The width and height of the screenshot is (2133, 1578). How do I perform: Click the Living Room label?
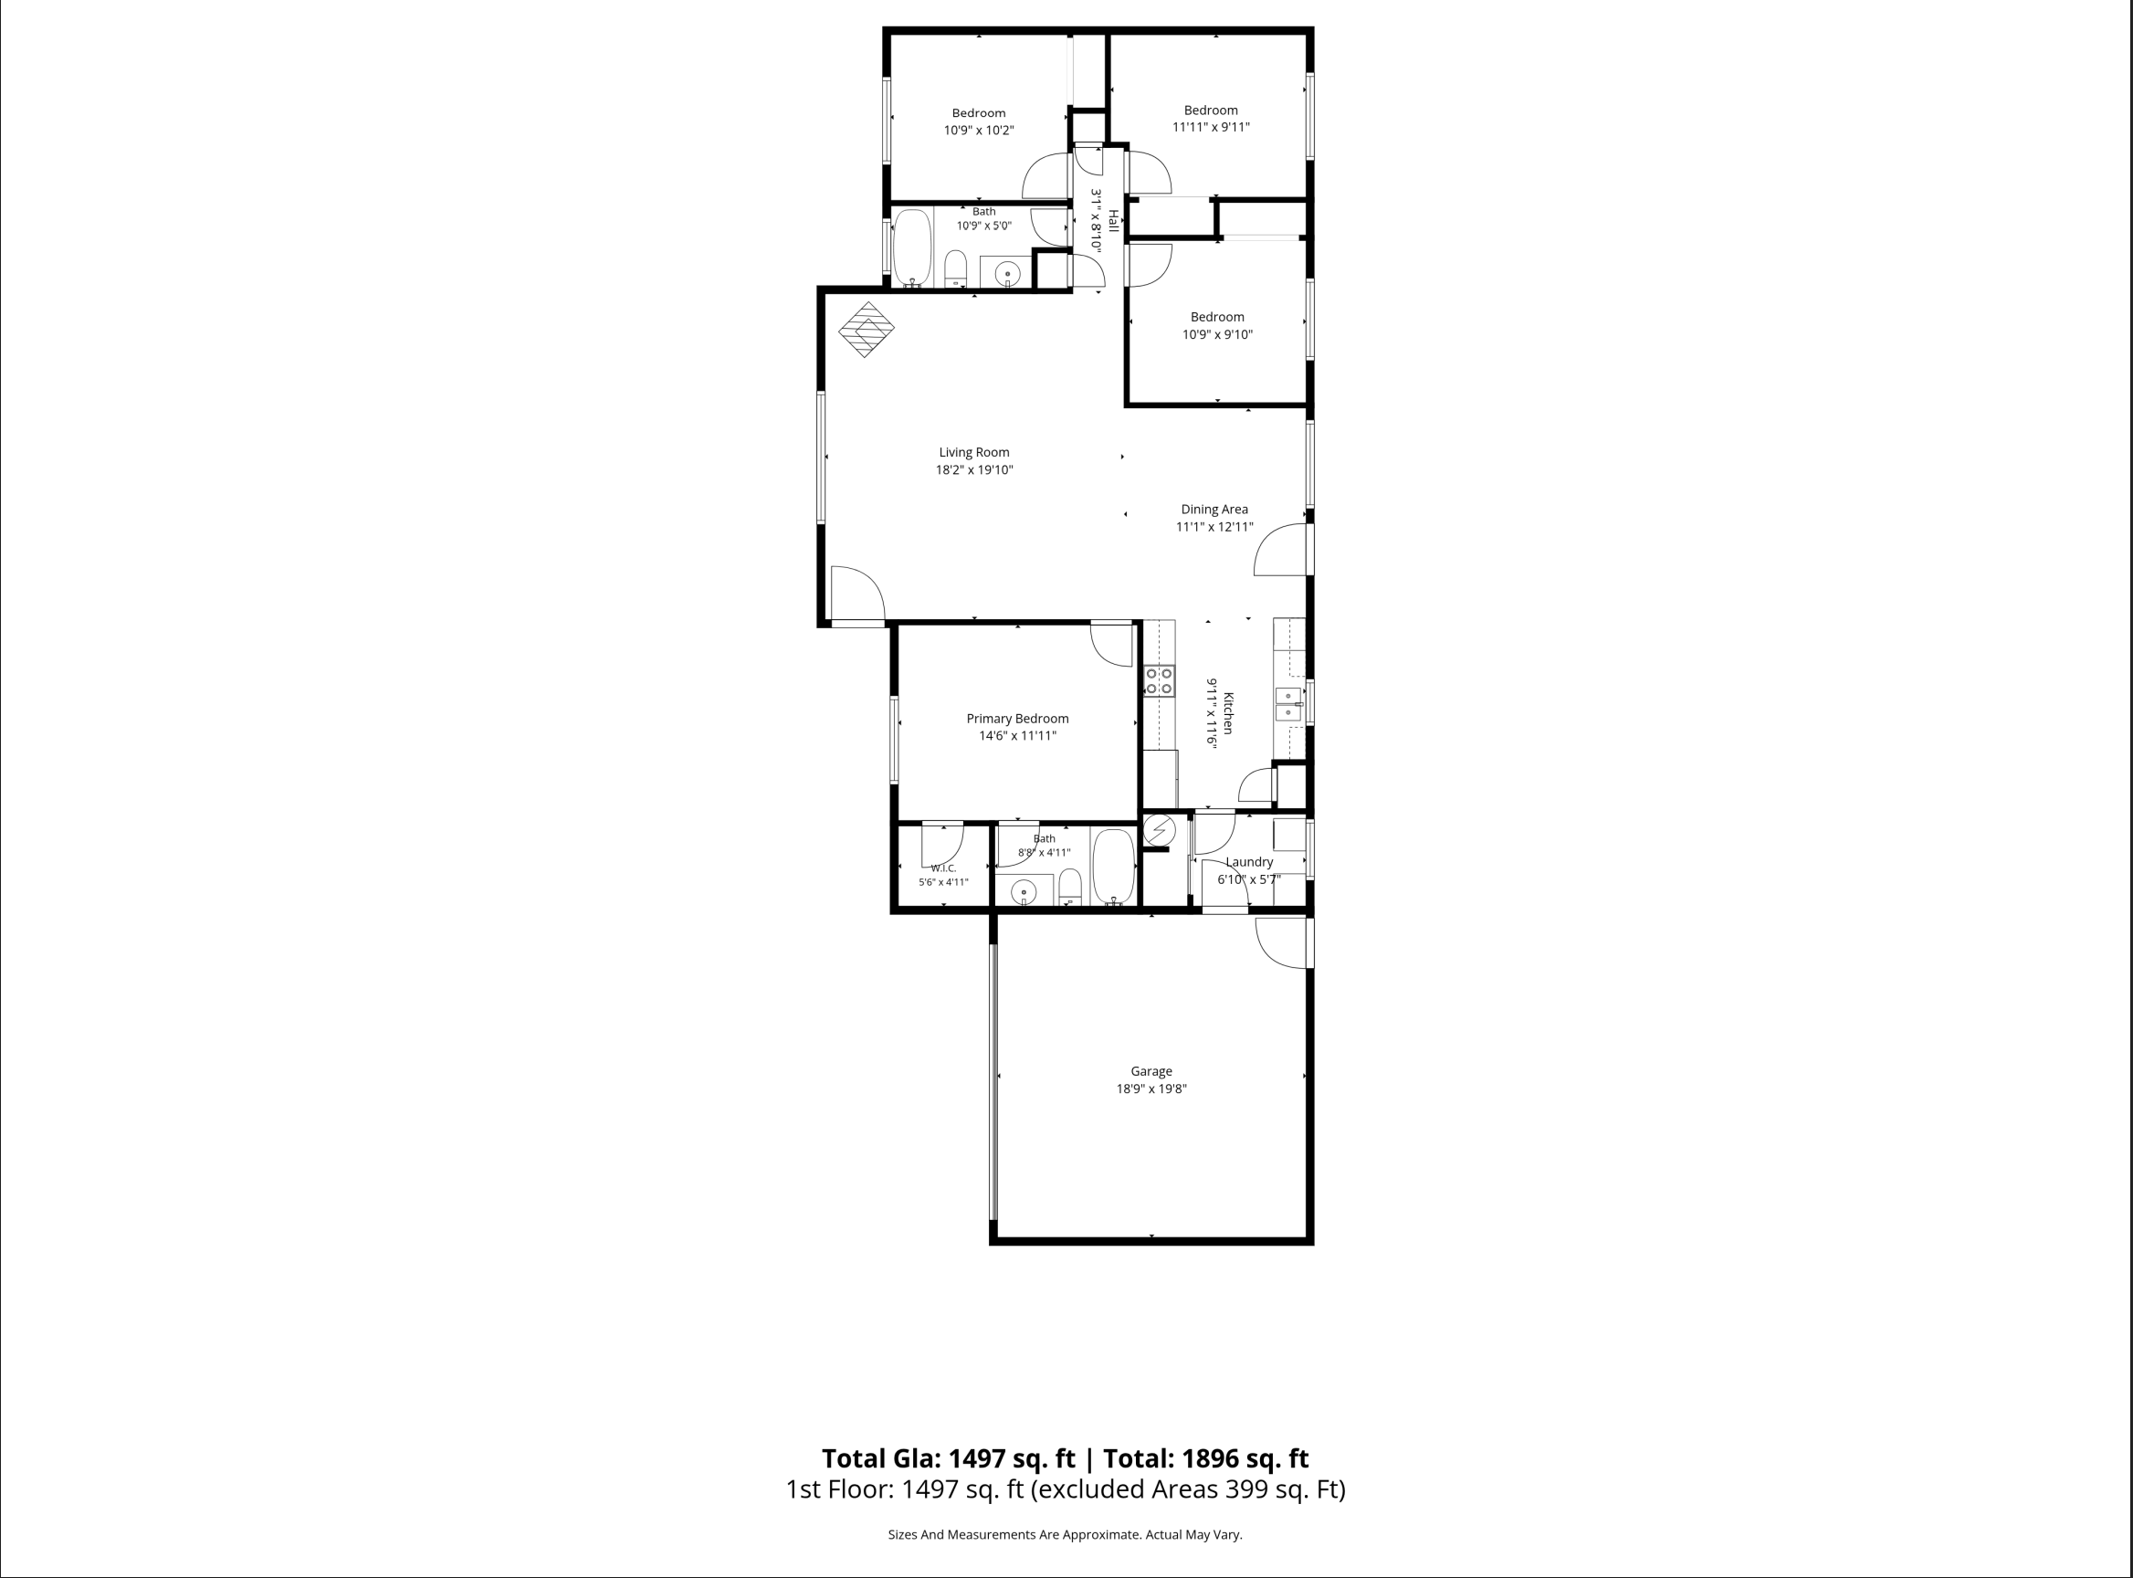pos(973,453)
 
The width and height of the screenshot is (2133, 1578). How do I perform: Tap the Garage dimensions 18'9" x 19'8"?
pos(1151,1089)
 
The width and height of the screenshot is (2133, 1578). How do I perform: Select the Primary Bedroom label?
pos(1017,719)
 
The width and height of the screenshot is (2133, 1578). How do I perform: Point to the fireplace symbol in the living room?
pos(867,330)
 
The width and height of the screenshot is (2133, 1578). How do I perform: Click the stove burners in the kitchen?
pos(1160,681)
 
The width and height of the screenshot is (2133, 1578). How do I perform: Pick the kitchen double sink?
pos(1288,704)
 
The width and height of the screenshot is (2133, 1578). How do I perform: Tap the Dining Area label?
pos(1214,510)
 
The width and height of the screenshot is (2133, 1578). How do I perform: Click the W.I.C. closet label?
pos(944,868)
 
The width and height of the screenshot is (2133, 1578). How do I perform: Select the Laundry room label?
pos(1249,861)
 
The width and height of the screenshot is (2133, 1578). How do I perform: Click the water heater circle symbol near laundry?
pos(1160,829)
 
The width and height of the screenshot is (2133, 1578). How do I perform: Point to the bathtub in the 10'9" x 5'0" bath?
pos(912,247)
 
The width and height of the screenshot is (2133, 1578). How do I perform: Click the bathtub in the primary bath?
pos(1113,867)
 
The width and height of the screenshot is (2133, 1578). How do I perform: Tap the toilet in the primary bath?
pos(1070,887)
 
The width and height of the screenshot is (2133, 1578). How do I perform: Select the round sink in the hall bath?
pos(1007,275)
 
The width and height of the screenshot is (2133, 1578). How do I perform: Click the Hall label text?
pos(1113,221)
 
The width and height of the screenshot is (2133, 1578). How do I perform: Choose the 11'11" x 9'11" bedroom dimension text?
pos(1211,127)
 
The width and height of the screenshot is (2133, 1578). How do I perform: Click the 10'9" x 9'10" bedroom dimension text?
pos(1217,334)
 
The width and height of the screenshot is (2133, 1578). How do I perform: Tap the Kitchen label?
pos(1228,712)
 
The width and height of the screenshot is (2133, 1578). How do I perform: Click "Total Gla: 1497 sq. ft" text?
pos(948,1458)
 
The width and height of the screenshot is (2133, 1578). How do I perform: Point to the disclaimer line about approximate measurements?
pos(1065,1534)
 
